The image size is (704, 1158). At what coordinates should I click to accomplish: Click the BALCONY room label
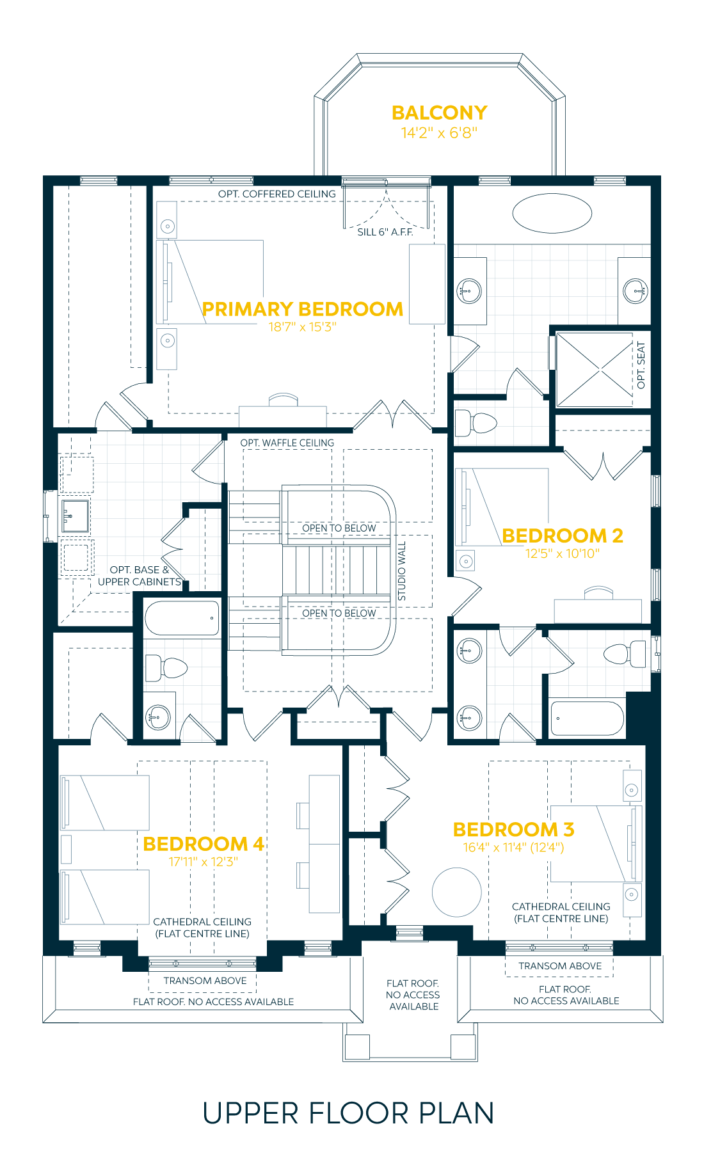[439, 113]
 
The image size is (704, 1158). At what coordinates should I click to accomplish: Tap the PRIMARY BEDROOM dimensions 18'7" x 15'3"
[302, 327]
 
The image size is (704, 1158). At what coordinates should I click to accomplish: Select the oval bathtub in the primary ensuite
[552, 213]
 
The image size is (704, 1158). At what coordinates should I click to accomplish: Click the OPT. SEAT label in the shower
[641, 365]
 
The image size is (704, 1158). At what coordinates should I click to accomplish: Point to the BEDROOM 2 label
[562, 535]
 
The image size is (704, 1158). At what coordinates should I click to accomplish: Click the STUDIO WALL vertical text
[402, 571]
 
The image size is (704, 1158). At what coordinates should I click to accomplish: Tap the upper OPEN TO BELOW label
[339, 528]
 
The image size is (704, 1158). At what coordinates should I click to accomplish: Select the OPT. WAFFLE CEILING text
[287, 443]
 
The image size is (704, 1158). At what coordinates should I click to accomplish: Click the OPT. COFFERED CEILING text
[276, 194]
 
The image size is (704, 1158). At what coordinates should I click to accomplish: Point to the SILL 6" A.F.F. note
[385, 232]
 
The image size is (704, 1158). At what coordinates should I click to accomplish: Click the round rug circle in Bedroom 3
[456, 892]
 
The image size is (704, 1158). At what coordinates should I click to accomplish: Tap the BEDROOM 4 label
[203, 844]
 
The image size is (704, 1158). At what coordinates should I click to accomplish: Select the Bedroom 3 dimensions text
[513, 848]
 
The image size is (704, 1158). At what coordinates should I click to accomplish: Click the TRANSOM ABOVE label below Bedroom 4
[205, 981]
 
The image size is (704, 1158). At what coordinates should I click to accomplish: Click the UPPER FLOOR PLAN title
[348, 1113]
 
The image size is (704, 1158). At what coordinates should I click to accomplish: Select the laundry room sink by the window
[74, 516]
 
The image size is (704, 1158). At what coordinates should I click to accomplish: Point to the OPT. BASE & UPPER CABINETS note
[139, 576]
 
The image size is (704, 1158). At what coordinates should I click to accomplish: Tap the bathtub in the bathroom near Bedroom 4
[182, 618]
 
